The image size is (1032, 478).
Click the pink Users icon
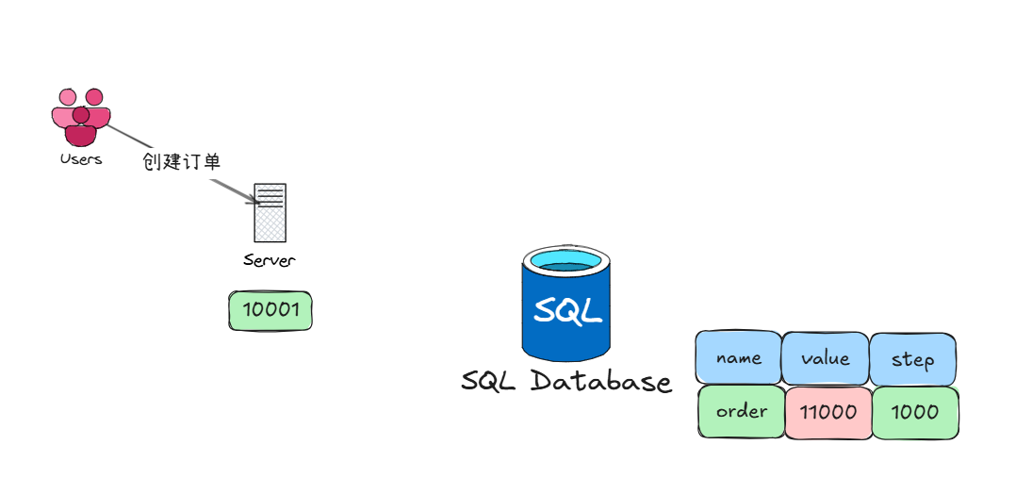click(x=80, y=117)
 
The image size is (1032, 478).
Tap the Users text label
click(x=80, y=160)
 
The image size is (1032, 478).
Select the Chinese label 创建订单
click(x=181, y=161)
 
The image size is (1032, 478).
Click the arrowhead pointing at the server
click(x=253, y=199)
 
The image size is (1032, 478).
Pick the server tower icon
click(x=270, y=212)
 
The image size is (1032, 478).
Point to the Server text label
click(x=269, y=260)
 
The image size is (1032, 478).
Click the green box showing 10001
click(x=270, y=310)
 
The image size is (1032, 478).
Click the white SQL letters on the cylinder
click(x=566, y=310)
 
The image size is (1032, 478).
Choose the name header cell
click(x=739, y=358)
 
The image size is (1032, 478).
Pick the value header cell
click(x=826, y=358)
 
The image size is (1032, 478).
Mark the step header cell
click(x=912, y=359)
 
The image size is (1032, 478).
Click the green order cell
click(x=742, y=412)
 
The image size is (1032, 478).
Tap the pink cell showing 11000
click(x=827, y=412)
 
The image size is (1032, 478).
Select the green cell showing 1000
click(x=914, y=412)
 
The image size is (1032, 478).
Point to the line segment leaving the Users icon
click(x=123, y=135)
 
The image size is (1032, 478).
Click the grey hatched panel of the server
click(x=270, y=224)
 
